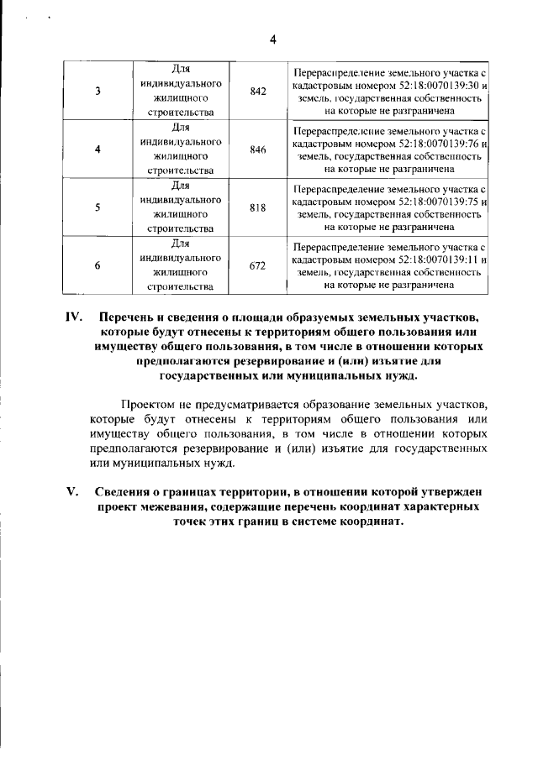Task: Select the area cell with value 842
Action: (258, 91)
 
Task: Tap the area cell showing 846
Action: (258, 149)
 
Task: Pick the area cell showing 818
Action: (258, 208)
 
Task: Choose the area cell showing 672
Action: (258, 266)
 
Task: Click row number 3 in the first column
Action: (98, 91)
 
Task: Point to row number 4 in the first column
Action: (98, 149)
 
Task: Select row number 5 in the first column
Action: (98, 208)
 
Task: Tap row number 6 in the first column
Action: (98, 266)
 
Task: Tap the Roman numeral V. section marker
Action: (74, 491)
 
